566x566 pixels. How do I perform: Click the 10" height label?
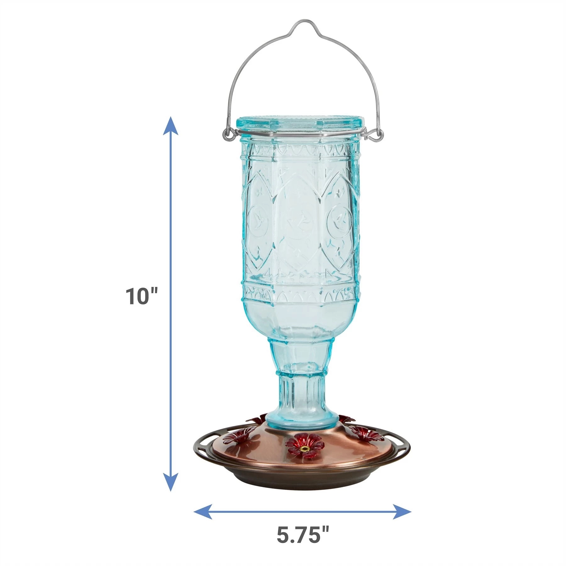point(141,296)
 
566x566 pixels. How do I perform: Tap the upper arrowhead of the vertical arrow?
point(170,124)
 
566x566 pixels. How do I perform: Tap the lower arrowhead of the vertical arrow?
point(170,483)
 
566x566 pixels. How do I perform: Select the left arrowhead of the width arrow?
point(201,512)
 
